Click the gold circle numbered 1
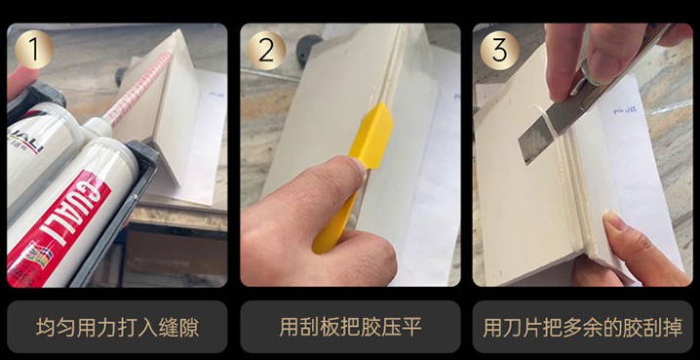34,49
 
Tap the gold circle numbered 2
266,50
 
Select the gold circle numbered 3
499,50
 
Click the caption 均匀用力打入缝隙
117,328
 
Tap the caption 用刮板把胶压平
350,328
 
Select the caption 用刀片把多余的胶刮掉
583,328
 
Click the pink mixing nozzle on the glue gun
138,89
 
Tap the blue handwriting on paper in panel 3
625,110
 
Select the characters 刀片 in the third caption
523,328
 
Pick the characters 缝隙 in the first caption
179,328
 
